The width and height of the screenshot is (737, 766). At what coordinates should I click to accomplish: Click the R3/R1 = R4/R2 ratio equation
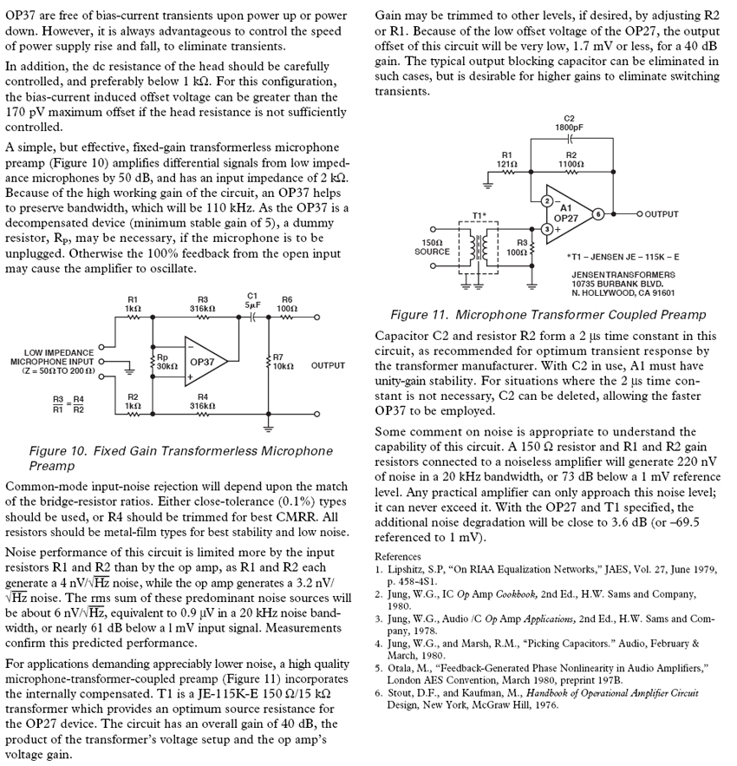coord(67,403)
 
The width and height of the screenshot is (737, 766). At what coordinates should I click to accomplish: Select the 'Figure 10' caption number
coord(58,451)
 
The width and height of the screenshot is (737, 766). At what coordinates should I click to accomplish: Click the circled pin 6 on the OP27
coord(597,213)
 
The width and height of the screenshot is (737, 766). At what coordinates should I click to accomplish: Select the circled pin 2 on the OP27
coord(547,200)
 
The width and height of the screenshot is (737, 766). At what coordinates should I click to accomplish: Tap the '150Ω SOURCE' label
coord(432,247)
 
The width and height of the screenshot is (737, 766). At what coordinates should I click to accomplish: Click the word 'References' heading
coord(400,556)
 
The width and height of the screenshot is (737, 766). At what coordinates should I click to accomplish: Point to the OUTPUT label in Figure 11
coord(662,213)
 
